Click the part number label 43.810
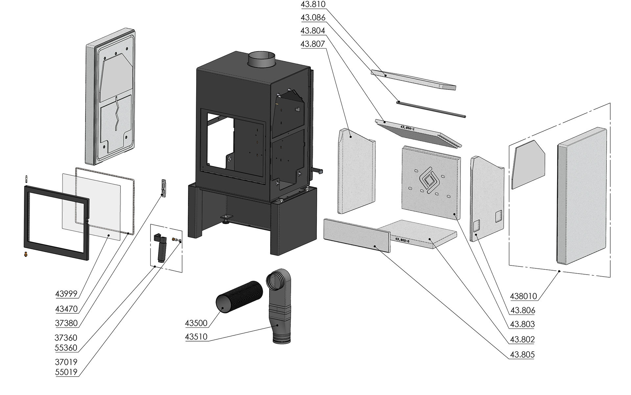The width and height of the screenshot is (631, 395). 313,5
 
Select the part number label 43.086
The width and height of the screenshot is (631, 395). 313,18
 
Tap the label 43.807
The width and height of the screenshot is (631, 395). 313,44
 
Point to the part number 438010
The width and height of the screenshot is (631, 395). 523,296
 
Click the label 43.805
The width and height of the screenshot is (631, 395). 522,355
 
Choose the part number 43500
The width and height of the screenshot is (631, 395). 196,323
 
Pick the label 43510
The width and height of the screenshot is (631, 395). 196,337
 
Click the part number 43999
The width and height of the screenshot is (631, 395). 66,294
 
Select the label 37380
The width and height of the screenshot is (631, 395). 66,323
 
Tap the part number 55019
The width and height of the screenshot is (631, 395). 66,372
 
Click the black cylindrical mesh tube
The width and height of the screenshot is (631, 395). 239,297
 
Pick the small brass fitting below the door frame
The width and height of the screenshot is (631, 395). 26,254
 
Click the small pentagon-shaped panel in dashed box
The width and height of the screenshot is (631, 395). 528,164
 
